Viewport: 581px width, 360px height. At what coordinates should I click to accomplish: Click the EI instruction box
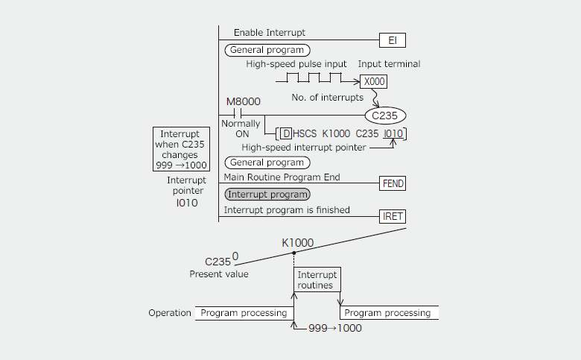(392, 40)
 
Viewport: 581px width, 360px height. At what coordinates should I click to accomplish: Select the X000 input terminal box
(373, 82)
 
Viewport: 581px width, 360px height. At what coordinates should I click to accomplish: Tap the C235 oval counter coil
(385, 115)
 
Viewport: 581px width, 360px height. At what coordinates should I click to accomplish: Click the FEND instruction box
(392, 183)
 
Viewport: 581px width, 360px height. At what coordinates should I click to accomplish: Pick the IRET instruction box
(392, 216)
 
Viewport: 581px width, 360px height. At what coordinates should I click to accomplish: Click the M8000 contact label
(243, 101)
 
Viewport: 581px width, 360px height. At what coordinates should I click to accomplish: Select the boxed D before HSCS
(285, 134)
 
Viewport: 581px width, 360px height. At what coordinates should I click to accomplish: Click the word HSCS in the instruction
(305, 134)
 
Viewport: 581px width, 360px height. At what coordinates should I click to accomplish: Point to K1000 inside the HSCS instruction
(335, 134)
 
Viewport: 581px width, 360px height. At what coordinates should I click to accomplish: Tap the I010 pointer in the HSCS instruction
(393, 134)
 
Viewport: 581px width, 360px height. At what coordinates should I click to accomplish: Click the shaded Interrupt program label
(267, 195)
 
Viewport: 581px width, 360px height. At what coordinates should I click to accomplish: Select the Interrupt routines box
(317, 280)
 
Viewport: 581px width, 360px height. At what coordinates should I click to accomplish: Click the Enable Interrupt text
(270, 33)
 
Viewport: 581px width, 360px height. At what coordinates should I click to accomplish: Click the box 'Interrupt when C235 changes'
(181, 149)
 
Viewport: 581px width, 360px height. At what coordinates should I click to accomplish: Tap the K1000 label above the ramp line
(297, 243)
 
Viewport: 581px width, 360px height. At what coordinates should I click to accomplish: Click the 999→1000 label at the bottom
(334, 328)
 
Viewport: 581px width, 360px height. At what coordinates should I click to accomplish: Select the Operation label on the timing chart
(170, 313)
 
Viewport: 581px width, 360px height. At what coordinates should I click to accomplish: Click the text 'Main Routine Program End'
(282, 177)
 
